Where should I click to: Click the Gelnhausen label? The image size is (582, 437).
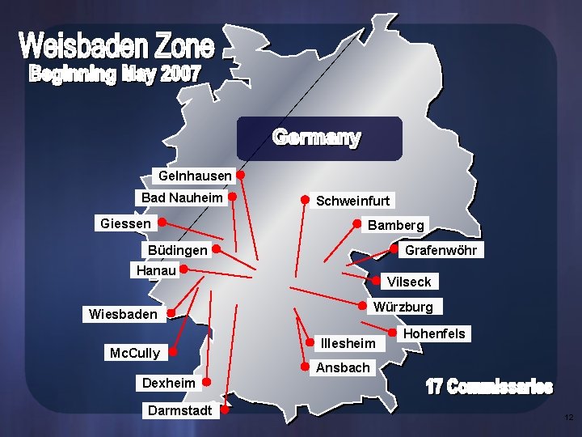[195, 176]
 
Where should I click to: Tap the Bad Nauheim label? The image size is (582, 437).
[181, 197]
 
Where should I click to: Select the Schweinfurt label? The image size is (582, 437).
[352, 201]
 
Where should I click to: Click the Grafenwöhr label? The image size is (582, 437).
[441, 250]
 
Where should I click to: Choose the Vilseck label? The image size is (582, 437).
[409, 282]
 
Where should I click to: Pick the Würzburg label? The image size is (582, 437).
[403, 307]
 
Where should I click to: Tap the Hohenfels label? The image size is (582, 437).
[434, 333]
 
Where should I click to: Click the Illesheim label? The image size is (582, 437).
[348, 343]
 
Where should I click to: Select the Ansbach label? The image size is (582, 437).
[343, 367]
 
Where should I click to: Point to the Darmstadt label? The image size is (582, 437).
[179, 410]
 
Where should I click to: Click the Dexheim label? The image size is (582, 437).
[168, 382]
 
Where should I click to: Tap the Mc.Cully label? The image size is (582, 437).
[134, 353]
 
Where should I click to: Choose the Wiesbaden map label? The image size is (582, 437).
[123, 314]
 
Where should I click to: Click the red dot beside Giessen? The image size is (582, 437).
[162, 221]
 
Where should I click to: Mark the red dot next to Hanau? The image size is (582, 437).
[184, 269]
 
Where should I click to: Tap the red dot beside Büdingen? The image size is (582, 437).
[217, 250]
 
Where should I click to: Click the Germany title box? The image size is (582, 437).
[318, 138]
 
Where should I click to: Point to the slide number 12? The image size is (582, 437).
[568, 418]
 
